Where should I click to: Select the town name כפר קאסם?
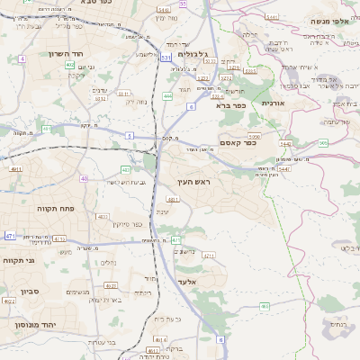(x=238, y=142)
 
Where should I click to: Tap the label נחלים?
(x=106, y=263)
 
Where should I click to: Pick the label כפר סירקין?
(x=130, y=224)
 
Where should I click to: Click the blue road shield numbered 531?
(x=166, y=57)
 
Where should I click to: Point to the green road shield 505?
(x=323, y=142)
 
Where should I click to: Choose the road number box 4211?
(x=209, y=256)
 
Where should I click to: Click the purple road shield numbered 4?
(x=21, y=58)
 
